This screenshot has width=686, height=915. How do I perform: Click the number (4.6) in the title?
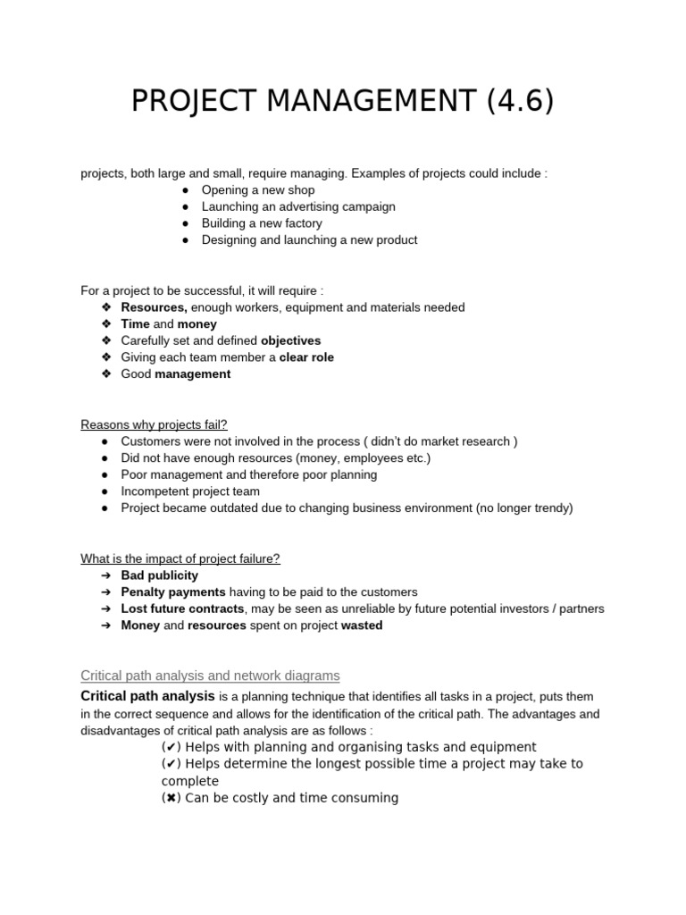[x=520, y=101]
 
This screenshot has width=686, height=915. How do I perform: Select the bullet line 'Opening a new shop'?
[x=258, y=190]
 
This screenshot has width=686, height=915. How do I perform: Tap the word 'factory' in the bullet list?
[x=302, y=223]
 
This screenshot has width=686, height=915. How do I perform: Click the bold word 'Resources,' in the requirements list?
[x=154, y=307]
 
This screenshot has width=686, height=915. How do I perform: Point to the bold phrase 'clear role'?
[x=306, y=357]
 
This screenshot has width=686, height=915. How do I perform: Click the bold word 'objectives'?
[x=290, y=340]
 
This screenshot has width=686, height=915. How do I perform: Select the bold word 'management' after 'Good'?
[x=192, y=374]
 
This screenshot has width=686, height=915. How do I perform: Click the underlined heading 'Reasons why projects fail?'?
[x=154, y=424]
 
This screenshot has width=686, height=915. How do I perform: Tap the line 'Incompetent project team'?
[x=190, y=491]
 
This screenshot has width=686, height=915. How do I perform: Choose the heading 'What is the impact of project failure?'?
[x=180, y=558]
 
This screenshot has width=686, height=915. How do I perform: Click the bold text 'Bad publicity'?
[x=159, y=575]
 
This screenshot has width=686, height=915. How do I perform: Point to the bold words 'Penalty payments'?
[x=173, y=592]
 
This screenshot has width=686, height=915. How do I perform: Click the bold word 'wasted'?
[x=362, y=625]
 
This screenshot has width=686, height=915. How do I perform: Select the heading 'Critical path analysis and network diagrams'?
[x=210, y=676]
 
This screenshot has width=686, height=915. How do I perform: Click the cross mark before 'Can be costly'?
[x=171, y=798]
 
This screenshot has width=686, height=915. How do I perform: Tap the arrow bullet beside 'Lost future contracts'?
[x=105, y=609]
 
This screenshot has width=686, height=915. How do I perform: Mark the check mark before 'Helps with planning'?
[x=171, y=747]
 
